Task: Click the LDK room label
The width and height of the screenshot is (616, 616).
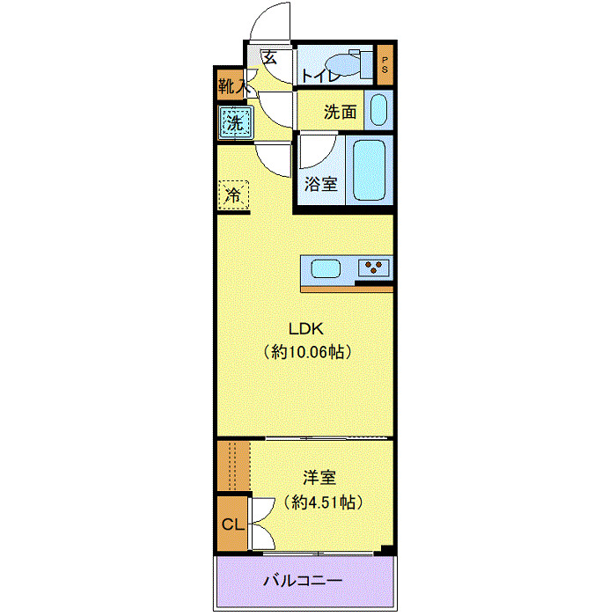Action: (x=307, y=329)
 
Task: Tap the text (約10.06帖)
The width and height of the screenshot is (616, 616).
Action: (x=307, y=352)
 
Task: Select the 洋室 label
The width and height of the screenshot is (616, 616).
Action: (x=319, y=478)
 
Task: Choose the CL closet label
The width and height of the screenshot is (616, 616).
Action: (x=232, y=525)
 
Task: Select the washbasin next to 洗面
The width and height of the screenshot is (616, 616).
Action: (x=377, y=111)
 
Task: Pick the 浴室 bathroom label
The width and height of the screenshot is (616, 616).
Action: (x=320, y=184)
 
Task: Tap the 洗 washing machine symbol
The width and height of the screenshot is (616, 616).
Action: (x=235, y=122)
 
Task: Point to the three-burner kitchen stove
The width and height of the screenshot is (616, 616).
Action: (x=374, y=268)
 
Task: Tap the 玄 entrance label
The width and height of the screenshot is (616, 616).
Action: (x=270, y=58)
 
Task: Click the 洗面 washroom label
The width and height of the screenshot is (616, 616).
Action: (x=340, y=112)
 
